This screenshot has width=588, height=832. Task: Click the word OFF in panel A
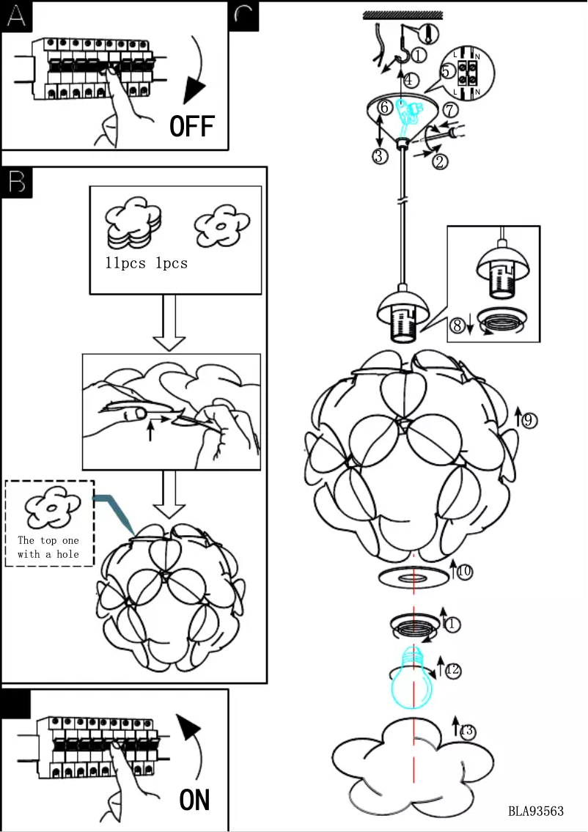point(192,126)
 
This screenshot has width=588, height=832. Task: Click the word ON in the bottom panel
point(195,799)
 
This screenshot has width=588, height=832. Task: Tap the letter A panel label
point(16,16)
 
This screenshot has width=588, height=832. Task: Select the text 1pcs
point(172,263)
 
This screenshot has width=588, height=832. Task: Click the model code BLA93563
point(536,811)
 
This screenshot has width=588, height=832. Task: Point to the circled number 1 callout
point(419,54)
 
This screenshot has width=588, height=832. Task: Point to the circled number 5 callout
point(446,72)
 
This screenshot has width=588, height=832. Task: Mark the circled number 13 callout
point(467,731)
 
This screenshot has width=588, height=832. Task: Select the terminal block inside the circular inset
point(465,73)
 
